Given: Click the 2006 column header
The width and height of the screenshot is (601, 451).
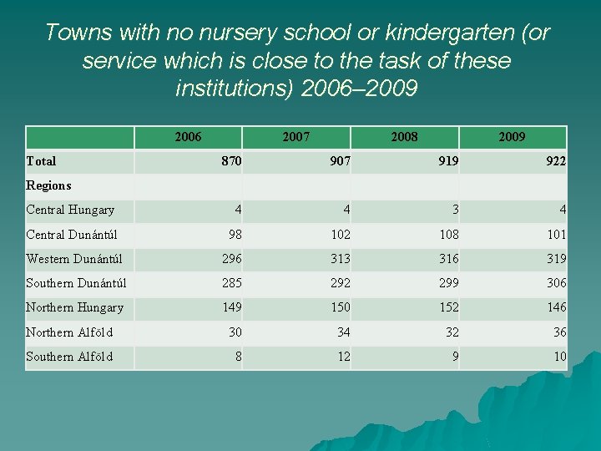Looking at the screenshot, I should point(188,136).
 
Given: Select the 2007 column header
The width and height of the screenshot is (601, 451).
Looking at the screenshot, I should point(296,136).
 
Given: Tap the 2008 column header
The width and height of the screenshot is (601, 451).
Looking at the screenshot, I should point(405,136).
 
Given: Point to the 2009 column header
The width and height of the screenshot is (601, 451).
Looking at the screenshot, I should point(512,136).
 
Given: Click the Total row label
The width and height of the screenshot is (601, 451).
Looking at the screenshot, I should point(42,160).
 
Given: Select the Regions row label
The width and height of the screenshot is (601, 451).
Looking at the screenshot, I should point(48,185).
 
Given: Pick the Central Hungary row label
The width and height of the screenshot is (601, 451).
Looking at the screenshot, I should point(70,210).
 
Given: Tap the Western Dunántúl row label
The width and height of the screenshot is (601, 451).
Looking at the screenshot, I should point(74,258).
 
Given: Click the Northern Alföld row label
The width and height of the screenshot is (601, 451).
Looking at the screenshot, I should point(69,332).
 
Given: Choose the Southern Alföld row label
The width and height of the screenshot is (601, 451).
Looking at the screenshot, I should point(69,357).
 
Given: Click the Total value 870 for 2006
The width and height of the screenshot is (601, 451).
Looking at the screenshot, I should point(231,160).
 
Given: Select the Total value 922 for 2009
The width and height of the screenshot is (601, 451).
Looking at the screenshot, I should point(555,160).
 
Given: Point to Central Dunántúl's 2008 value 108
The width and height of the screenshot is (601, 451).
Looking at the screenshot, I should point(447,234).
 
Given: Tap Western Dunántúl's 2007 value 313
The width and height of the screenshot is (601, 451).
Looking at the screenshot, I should point(340,258).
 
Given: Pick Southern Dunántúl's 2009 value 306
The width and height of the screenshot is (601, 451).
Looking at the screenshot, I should point(556,282).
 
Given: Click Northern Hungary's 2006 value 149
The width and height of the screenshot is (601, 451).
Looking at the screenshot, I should point(231,307).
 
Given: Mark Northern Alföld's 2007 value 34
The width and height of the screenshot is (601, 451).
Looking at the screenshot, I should point(343,332).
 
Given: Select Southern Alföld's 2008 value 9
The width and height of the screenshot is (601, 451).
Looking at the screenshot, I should point(455,357).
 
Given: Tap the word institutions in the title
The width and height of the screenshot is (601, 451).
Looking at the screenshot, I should point(235,88).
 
